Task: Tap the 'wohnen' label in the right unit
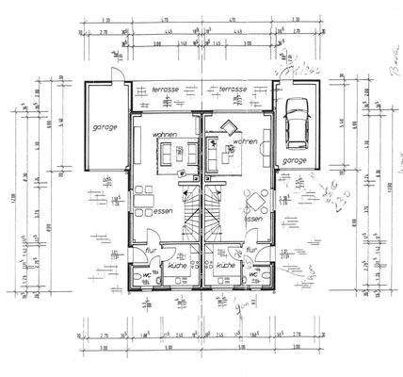coord(245,141)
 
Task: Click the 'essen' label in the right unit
coord(253,219)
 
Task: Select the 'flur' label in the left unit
coord(150,251)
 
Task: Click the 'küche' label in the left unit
coord(175,267)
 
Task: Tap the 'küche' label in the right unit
coord(224,267)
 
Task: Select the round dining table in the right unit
coord(251,199)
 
